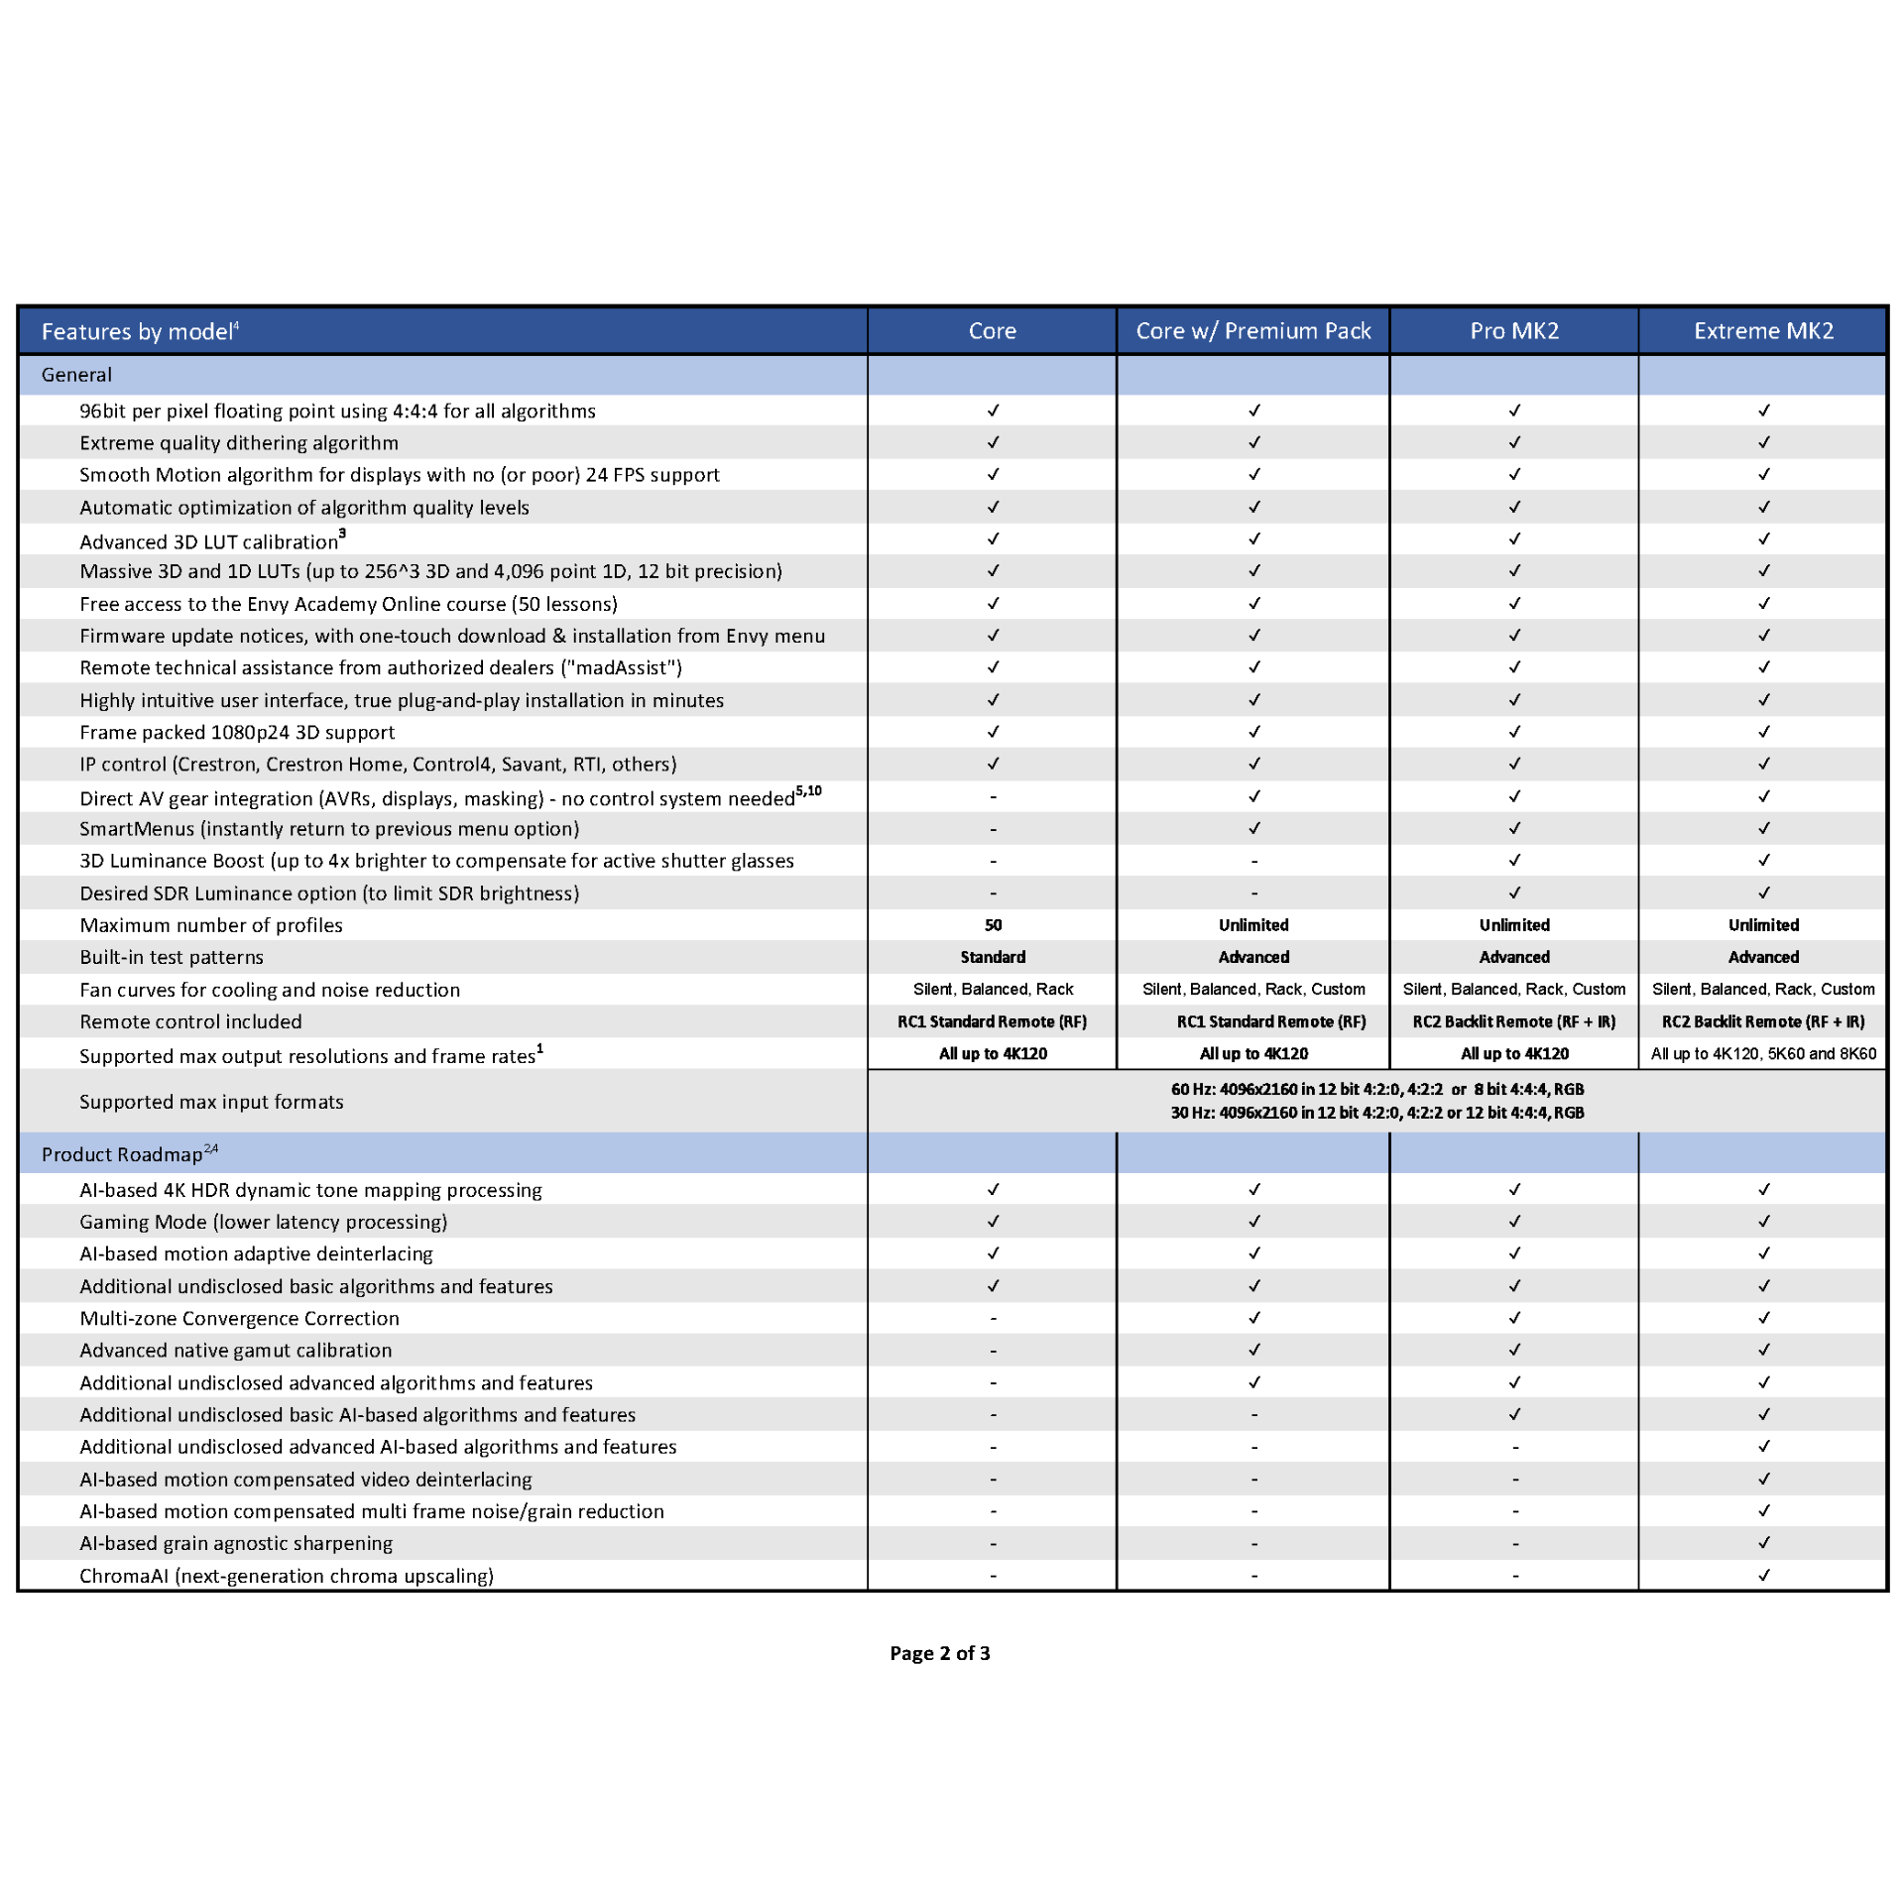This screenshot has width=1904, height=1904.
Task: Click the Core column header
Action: pos(992,331)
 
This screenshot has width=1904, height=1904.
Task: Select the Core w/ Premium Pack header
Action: pos(1252,331)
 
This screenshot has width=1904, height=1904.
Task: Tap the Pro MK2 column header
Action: pos(1514,331)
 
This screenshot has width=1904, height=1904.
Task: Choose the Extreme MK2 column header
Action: pos(1763,331)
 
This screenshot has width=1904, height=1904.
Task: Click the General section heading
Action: pos(76,375)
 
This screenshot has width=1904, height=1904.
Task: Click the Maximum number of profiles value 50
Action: pos(993,925)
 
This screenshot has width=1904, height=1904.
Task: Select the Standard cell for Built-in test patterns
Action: pos(993,957)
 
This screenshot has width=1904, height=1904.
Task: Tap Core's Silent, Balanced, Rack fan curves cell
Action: pos(993,990)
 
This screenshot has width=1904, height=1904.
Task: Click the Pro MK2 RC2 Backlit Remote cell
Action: pos(1514,1021)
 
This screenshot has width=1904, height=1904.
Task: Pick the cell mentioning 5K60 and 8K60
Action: pos(1763,1054)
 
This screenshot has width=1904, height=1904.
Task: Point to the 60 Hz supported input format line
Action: pos(1376,1089)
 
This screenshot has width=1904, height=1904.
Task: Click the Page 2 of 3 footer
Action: pos(940,1653)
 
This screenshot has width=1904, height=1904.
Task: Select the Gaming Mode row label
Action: pos(264,1222)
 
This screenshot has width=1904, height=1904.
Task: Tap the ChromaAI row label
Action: pos(287,1576)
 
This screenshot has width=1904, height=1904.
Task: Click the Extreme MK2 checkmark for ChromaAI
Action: pos(1763,1575)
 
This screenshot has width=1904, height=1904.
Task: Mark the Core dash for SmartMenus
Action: pos(993,829)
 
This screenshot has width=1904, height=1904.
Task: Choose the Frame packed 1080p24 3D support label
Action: pos(237,733)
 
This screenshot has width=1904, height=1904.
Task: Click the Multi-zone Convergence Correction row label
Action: pos(239,1318)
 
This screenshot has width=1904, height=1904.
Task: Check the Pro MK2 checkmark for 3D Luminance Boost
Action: pos(1514,861)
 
